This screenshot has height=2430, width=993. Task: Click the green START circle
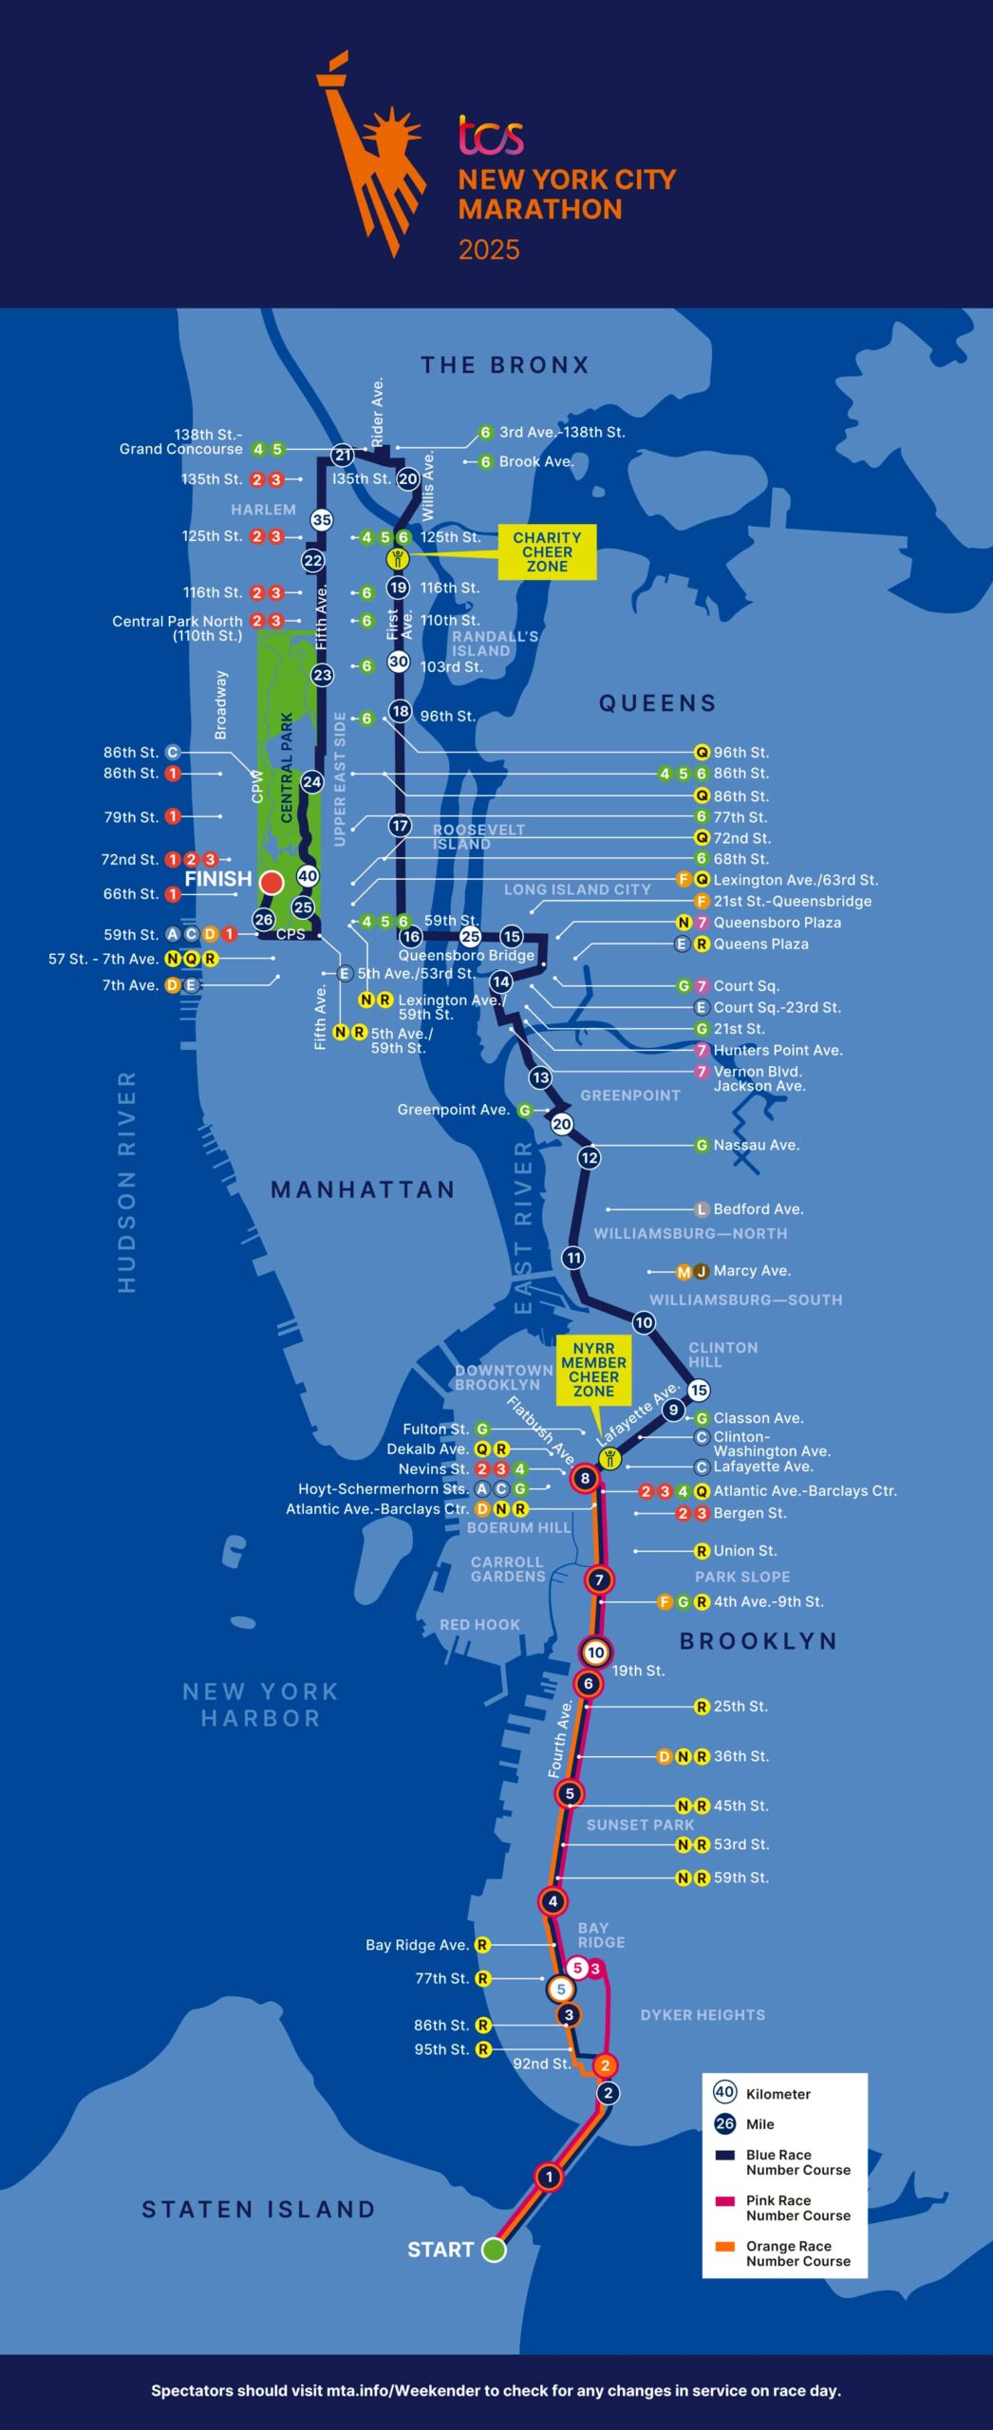[494, 2249]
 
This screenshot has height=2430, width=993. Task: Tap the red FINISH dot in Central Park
[272, 882]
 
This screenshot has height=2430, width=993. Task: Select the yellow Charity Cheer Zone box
[547, 551]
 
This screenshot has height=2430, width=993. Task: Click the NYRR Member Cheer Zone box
[593, 1370]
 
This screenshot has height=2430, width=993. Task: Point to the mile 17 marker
[400, 826]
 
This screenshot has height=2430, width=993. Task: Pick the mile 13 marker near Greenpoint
[540, 1077]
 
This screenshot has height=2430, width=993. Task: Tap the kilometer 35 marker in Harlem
[322, 519]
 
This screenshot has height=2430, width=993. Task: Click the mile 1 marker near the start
[548, 2176]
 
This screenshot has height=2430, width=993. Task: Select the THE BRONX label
[505, 365]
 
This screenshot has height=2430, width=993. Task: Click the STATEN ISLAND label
[258, 2210]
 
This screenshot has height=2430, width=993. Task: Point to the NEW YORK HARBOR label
[260, 1705]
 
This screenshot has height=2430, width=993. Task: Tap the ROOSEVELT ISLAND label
[478, 836]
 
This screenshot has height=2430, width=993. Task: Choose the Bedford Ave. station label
[758, 1209]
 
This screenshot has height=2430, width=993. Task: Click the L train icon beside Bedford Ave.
[702, 1209]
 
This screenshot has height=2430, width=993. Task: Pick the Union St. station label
[745, 1551]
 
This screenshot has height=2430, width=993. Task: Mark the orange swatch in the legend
[725, 2247]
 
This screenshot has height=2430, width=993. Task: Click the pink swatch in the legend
[725, 2201]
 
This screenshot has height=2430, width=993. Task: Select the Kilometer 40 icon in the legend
[724, 2092]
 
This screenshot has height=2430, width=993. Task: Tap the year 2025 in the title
[489, 250]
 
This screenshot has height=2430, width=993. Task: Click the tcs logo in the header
[491, 136]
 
